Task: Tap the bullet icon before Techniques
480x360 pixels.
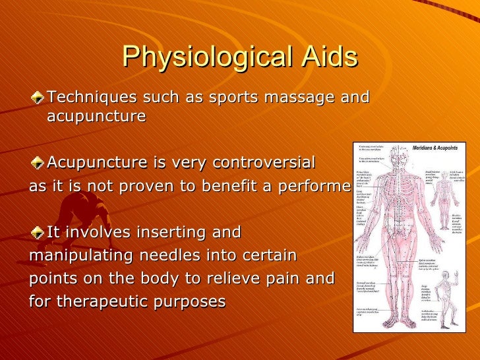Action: click(x=38, y=98)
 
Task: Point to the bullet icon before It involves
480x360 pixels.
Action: click(x=38, y=233)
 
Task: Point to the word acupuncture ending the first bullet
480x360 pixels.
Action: click(x=96, y=117)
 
